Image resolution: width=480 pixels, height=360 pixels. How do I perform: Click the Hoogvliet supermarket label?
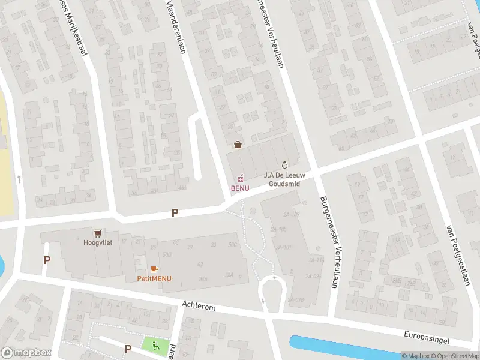pyautogui.click(x=97, y=242)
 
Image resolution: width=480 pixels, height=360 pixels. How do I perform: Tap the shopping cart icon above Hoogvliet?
pyautogui.click(x=97, y=233)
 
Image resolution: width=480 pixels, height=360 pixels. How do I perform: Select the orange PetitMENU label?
pyautogui.click(x=154, y=278)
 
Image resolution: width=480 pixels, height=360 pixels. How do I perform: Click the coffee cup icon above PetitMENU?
pyautogui.click(x=154, y=269)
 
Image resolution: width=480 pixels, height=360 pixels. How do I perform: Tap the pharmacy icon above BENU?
pyautogui.click(x=240, y=178)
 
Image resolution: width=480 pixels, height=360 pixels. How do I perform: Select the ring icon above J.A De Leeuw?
pyautogui.click(x=284, y=164)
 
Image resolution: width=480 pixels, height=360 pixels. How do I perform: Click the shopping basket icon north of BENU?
pyautogui.click(x=238, y=145)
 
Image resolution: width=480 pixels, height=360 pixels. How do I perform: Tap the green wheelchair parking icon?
pyautogui.click(x=155, y=345)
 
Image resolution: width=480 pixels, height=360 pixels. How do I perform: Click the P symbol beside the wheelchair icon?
pyautogui.click(x=128, y=349)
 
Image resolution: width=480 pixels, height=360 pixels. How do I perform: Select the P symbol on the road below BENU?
pyautogui.click(x=175, y=212)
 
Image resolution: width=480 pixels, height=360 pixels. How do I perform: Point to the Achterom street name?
pyautogui.click(x=199, y=306)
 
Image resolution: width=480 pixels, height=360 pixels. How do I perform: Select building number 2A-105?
pyautogui.click(x=278, y=229)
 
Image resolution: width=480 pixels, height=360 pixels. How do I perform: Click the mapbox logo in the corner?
pyautogui.click(x=26, y=352)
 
